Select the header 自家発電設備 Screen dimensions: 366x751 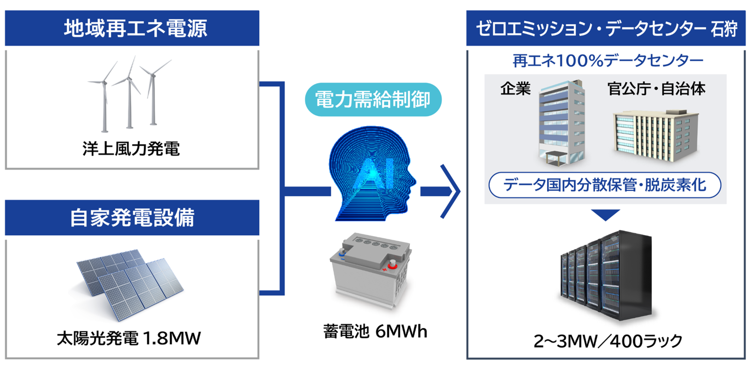pos(132,218)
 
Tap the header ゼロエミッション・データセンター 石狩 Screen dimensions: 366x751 pos(606,28)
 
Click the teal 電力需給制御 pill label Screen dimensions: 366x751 pos(373,100)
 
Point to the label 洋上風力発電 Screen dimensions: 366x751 pos(131,149)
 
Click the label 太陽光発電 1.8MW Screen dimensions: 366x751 pos(129,338)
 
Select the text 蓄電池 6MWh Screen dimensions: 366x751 pos(375,331)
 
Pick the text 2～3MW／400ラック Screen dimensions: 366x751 pos(608,341)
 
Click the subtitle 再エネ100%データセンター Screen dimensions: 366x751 pos(608,60)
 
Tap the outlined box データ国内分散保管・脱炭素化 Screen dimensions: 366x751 pos(605,185)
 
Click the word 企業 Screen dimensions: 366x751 pos(515,88)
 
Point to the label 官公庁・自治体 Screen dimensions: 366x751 pos(656,88)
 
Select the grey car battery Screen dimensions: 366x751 pos(370,269)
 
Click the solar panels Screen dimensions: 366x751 pos(130,283)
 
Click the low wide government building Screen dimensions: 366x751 pos(655,135)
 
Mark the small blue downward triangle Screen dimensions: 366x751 pos(605,215)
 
